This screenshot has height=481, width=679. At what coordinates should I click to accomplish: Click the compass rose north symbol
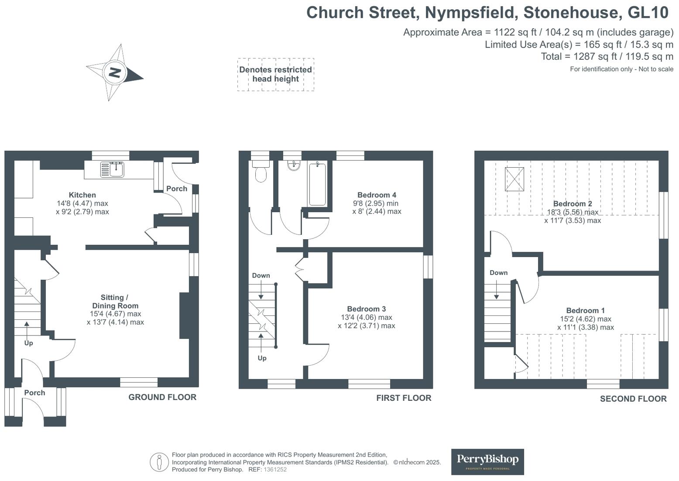click(115, 72)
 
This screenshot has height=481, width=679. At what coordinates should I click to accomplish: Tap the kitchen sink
click(112, 169)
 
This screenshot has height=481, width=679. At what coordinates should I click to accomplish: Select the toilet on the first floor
click(261, 173)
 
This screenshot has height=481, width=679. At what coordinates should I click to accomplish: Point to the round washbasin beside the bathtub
click(294, 165)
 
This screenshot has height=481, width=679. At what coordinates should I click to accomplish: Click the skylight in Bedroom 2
click(514, 179)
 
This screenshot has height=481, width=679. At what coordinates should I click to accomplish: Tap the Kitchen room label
click(82, 195)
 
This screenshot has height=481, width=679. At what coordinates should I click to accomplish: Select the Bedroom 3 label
click(366, 309)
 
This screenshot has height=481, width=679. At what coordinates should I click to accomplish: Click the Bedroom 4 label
click(376, 195)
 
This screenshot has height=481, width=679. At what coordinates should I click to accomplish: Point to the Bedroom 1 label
click(585, 311)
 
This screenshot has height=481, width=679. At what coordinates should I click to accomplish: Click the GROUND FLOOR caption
click(162, 397)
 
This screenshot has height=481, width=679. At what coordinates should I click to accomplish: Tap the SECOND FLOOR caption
click(633, 399)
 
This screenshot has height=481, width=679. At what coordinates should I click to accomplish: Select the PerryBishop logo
click(487, 461)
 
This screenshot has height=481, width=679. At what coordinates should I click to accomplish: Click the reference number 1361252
click(275, 470)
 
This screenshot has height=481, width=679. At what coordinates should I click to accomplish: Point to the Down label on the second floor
click(498, 273)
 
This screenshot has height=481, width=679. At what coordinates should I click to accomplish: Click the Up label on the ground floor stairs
click(28, 343)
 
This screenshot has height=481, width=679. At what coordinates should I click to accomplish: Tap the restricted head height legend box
click(275, 75)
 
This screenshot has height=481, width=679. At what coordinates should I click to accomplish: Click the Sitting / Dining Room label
click(115, 301)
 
